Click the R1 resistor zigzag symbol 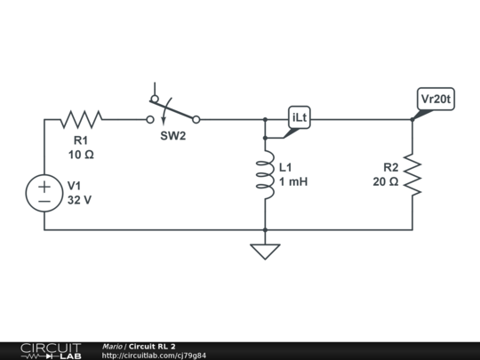click(81, 119)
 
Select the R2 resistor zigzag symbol click(412, 174)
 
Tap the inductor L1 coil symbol click(265, 174)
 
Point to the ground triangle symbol click(265, 252)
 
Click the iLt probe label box click(300, 117)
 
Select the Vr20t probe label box click(436, 99)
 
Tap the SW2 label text click(173, 136)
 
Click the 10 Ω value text click(81, 155)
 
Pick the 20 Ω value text click(386, 181)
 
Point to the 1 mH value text click(293, 181)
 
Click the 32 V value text click(79, 200)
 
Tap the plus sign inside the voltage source click(44, 187)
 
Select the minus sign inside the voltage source click(44, 201)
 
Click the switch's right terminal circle click(196, 120)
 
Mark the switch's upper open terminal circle click(155, 99)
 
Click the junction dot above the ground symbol click(265, 229)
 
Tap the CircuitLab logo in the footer click(51, 351)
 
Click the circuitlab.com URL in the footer click(154, 356)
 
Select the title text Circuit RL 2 click(152, 347)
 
